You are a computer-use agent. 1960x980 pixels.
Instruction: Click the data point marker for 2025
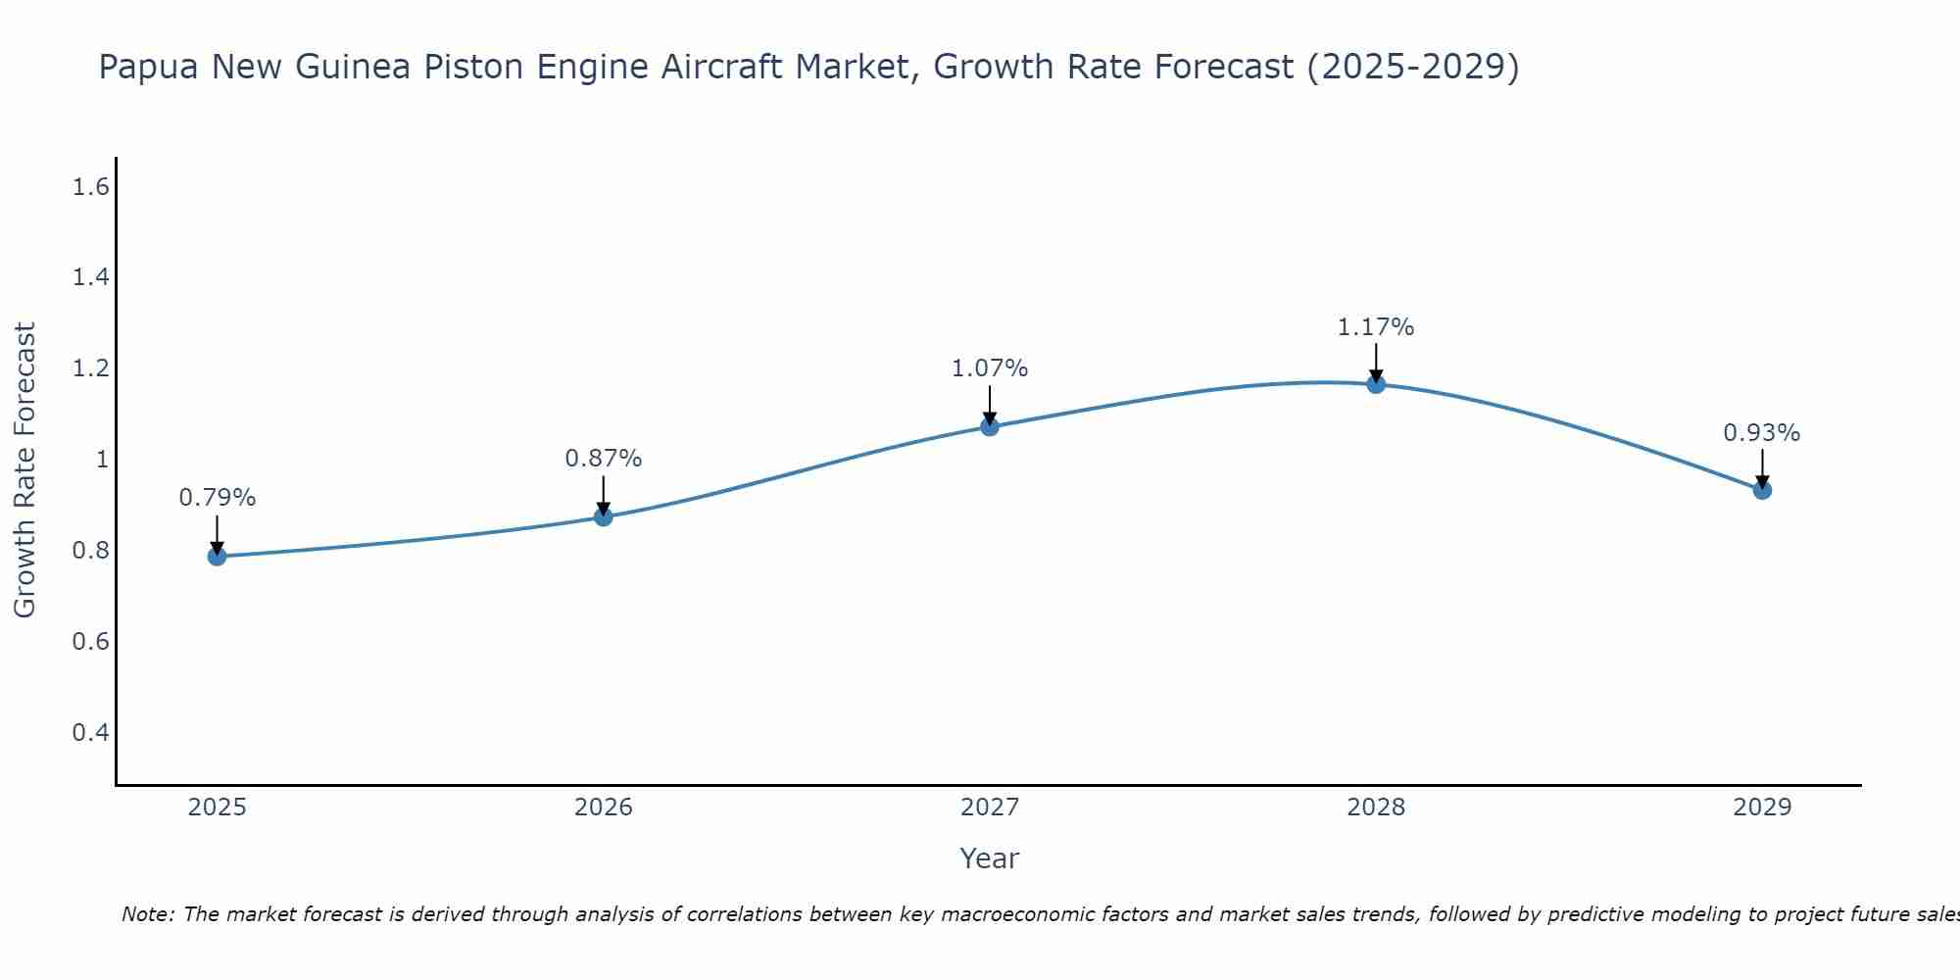pos(217,557)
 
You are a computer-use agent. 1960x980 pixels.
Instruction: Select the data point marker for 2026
pos(604,516)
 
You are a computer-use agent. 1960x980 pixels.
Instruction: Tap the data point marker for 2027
pos(990,426)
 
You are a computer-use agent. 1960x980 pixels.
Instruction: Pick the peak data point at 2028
pos(1376,384)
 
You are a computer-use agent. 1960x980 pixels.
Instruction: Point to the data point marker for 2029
pos(1762,490)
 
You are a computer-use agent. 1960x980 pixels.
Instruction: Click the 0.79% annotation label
pos(217,498)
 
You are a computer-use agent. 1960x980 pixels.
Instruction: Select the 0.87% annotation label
pos(604,458)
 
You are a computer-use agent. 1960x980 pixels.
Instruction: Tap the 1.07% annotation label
pos(990,368)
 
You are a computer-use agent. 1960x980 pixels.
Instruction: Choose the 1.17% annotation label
pos(1376,327)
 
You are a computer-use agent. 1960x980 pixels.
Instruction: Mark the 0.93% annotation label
pos(1762,433)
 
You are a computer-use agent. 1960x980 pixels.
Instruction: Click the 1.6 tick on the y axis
pos(90,186)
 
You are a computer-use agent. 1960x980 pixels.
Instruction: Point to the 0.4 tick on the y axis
pos(90,732)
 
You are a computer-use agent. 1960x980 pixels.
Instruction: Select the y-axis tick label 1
pos(101,460)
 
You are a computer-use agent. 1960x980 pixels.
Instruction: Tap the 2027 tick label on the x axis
pos(990,808)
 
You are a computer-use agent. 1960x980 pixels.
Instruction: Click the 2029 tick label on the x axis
pos(1762,808)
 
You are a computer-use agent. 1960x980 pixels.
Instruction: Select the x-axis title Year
pos(990,858)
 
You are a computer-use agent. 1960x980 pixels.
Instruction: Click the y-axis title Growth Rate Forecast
pos(24,470)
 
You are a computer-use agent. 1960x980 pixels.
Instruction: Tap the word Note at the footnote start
pos(147,914)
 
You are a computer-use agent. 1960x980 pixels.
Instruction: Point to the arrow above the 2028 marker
pos(1376,363)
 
